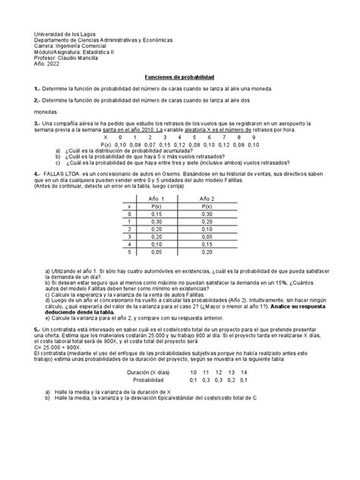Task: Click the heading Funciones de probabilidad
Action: (181, 78)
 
